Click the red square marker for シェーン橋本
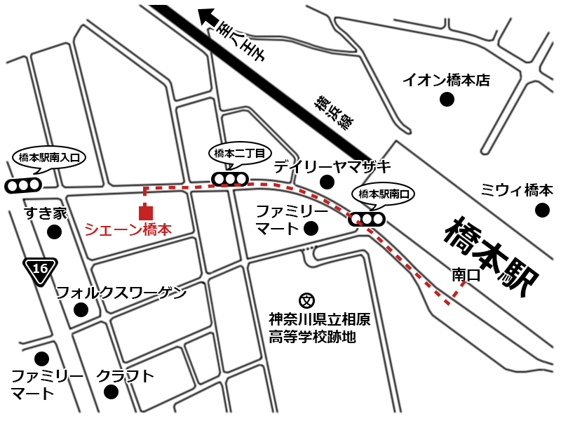[145, 212]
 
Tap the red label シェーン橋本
[128, 229]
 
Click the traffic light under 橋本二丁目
[230, 179]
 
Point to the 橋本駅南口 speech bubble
[384, 194]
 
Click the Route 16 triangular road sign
[40, 269]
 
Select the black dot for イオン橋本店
[446, 100]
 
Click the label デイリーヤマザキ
[332, 166]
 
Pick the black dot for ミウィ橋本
[541, 210]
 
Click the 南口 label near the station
[466, 275]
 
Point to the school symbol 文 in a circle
[306, 301]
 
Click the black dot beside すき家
[54, 232]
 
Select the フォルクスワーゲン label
[121, 292]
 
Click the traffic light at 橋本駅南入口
[22, 186]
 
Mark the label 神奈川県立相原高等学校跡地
[319, 328]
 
